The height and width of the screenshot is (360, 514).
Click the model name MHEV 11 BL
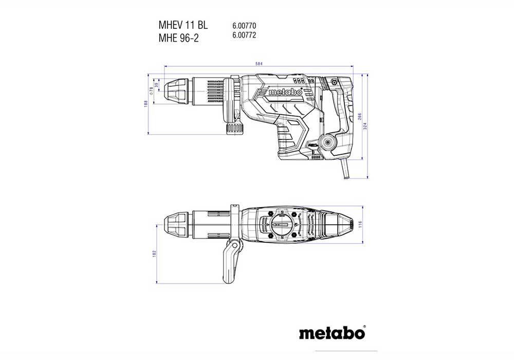click(179, 25)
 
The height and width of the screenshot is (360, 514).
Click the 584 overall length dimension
click(259, 63)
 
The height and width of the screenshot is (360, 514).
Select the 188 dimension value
click(146, 104)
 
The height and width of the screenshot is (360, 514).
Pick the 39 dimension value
click(156, 84)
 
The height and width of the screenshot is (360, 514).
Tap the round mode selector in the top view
click(282, 225)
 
